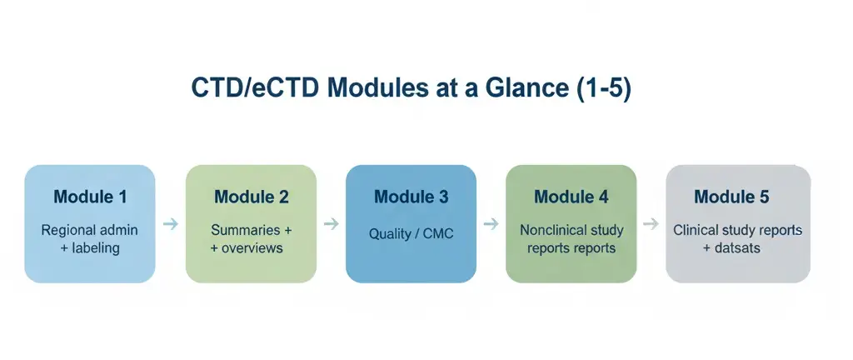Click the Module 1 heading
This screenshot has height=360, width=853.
pyautogui.click(x=90, y=197)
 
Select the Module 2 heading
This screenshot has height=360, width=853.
pyautogui.click(x=251, y=197)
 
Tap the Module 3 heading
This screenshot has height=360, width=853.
pyautogui.click(x=411, y=197)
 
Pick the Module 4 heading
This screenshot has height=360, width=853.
pyautogui.click(x=571, y=197)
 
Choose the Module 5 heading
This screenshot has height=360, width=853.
pyautogui.click(x=731, y=197)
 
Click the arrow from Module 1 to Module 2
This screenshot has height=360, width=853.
pyautogui.click(x=170, y=224)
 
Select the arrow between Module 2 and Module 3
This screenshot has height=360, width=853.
pyautogui.click(x=331, y=224)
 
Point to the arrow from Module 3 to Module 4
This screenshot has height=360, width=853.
pyautogui.click(x=491, y=224)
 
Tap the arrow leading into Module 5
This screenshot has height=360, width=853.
pyautogui.click(x=651, y=224)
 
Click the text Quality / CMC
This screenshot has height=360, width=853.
pyautogui.click(x=411, y=234)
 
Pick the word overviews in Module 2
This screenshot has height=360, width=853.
pyautogui.click(x=256, y=248)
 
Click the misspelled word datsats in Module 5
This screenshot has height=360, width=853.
pyautogui.click(x=737, y=248)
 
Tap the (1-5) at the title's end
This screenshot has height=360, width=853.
pyautogui.click(x=604, y=89)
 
